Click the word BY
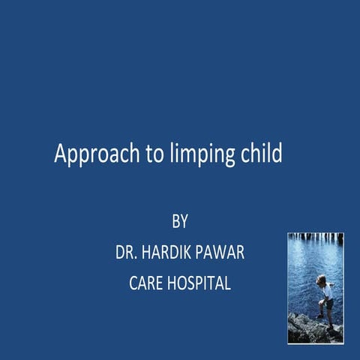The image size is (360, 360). tap(179, 222)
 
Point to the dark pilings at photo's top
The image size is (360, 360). tap(315, 238)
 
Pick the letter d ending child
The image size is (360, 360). tap(277, 153)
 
